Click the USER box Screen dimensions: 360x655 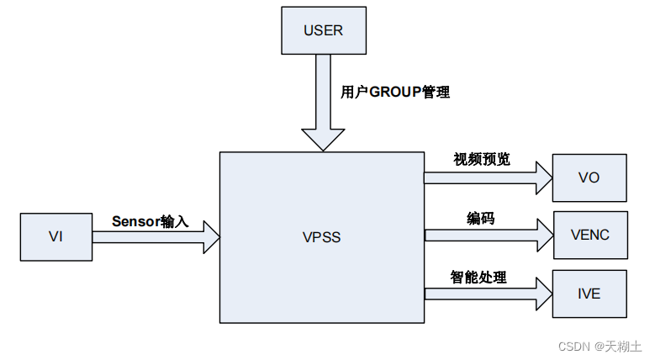323,30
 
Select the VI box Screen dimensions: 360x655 55,236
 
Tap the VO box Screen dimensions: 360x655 589,177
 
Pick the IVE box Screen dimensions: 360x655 589,294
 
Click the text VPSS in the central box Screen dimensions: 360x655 322,237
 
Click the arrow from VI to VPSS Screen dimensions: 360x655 156,237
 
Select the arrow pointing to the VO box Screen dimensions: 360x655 488,177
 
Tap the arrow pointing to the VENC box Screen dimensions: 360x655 488,235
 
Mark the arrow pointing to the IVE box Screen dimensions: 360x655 488,294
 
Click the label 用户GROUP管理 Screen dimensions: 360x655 395,93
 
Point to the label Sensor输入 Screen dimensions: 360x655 151,221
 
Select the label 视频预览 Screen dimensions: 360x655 481,160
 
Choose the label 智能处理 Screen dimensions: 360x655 478,277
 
